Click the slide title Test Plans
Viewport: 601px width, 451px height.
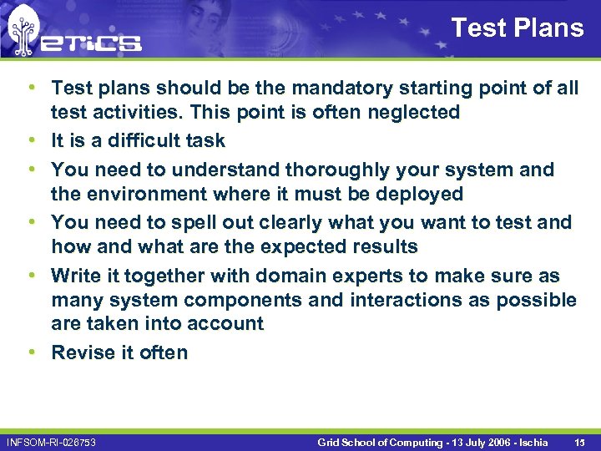click(517, 28)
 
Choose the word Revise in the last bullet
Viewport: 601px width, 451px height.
click(82, 352)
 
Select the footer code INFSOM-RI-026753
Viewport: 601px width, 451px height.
click(51, 442)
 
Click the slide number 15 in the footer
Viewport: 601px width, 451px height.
click(578, 442)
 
